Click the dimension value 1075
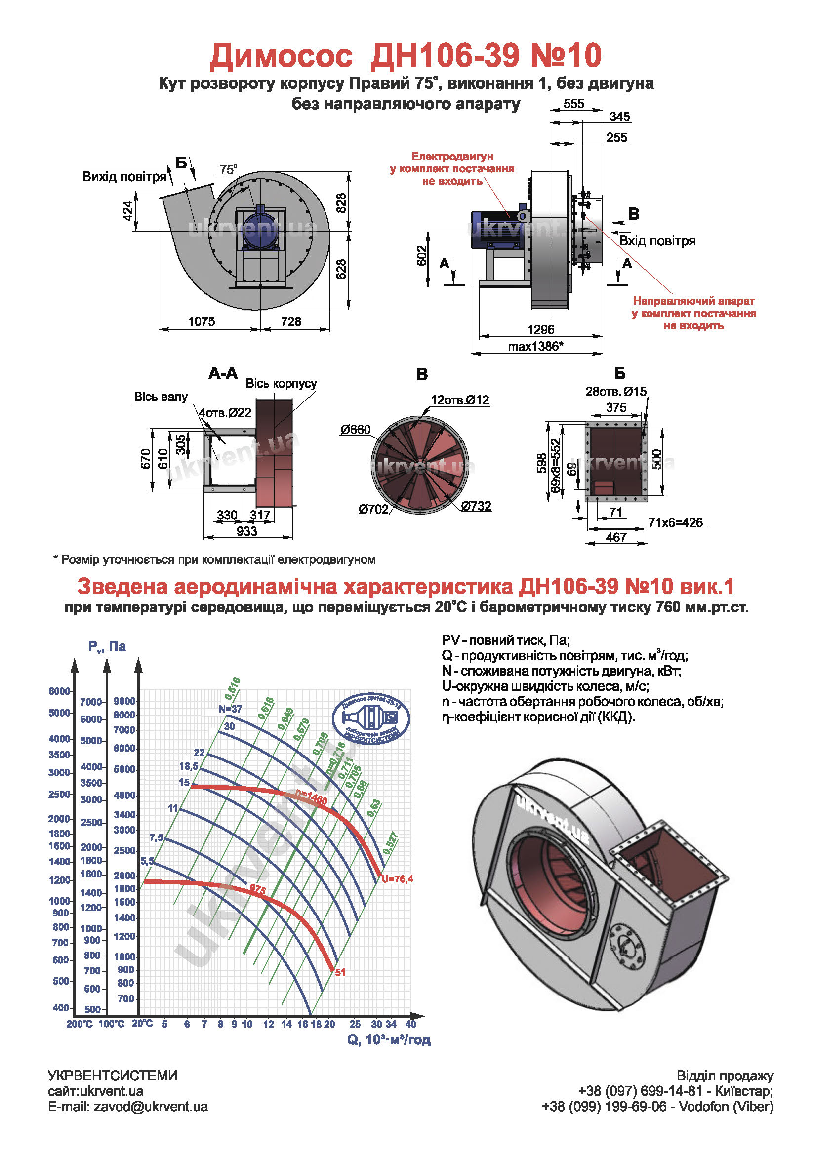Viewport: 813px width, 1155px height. pos(201,321)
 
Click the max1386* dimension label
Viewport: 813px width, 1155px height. pos(535,346)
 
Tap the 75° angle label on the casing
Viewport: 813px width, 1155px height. pos(228,169)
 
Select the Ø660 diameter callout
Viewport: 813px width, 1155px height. pos(355,429)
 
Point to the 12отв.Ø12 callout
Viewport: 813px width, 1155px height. pos(459,400)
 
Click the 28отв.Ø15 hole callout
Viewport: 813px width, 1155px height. pos(616,392)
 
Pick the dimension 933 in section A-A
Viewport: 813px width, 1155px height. pos(246,531)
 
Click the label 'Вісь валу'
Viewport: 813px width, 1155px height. pos(161,397)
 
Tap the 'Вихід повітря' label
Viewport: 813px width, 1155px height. pos(124,177)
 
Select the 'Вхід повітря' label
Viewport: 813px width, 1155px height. pos(657,241)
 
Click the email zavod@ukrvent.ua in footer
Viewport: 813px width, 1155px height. pos(151,1107)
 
